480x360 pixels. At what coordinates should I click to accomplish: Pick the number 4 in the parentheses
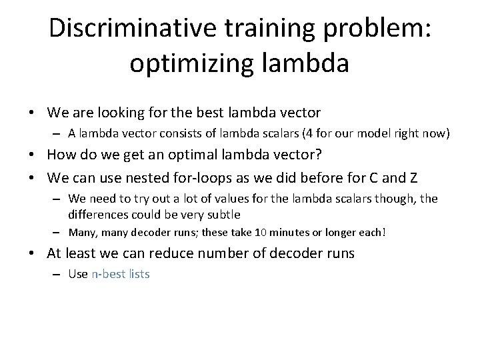(308, 133)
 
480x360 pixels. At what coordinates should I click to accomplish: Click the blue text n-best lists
(120, 273)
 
